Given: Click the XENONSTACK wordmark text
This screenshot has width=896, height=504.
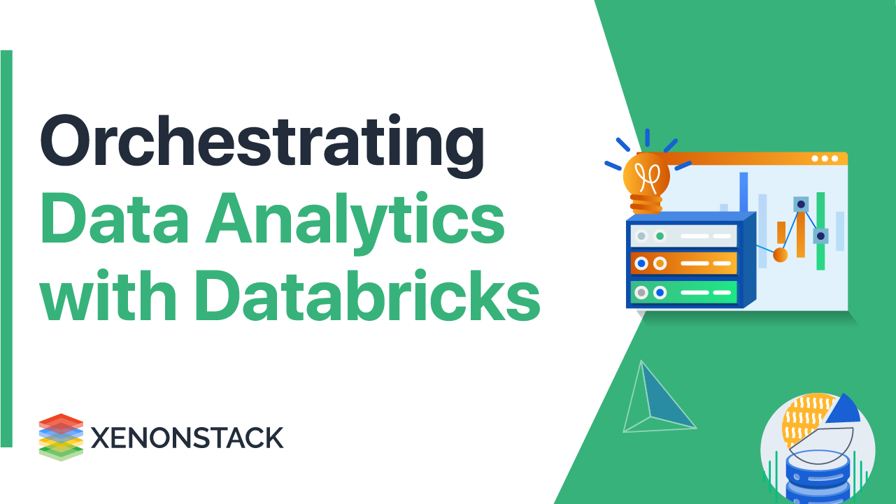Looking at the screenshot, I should (x=187, y=438).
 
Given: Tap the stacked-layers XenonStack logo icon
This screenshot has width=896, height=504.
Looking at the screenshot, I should (x=61, y=437).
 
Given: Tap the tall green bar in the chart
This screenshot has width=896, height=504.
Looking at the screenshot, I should (x=820, y=231).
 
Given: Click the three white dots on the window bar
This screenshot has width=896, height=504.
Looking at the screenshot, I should (x=825, y=159).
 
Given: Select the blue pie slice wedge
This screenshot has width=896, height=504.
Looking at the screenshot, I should (x=843, y=409).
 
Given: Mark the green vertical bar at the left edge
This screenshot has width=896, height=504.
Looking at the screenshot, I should (x=7, y=248).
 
